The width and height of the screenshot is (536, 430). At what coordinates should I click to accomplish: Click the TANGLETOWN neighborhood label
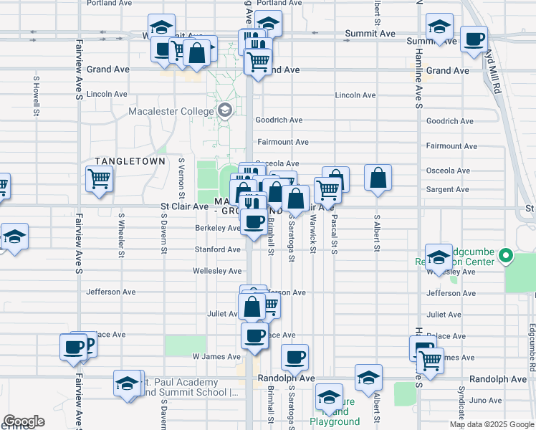coord(130,162)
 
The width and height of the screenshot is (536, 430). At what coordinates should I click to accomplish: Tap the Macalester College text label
coord(171,111)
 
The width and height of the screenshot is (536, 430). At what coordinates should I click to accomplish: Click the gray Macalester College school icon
coord(225,110)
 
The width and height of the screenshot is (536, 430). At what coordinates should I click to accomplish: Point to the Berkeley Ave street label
coord(217,229)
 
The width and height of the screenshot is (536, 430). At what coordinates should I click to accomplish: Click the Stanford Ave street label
coord(217,250)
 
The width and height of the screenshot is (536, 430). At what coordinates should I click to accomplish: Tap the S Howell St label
coord(34,102)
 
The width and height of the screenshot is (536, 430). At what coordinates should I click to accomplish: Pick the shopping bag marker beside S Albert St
coord(378,177)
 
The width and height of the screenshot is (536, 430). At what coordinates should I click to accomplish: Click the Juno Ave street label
coord(487,401)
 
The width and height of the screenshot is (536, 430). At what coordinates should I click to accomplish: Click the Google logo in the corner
coord(24,421)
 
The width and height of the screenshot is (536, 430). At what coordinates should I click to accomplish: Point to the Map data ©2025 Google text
coord(492,424)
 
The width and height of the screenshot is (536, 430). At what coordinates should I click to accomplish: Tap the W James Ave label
coord(216,357)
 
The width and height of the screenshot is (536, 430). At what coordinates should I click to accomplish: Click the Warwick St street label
coord(313,236)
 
